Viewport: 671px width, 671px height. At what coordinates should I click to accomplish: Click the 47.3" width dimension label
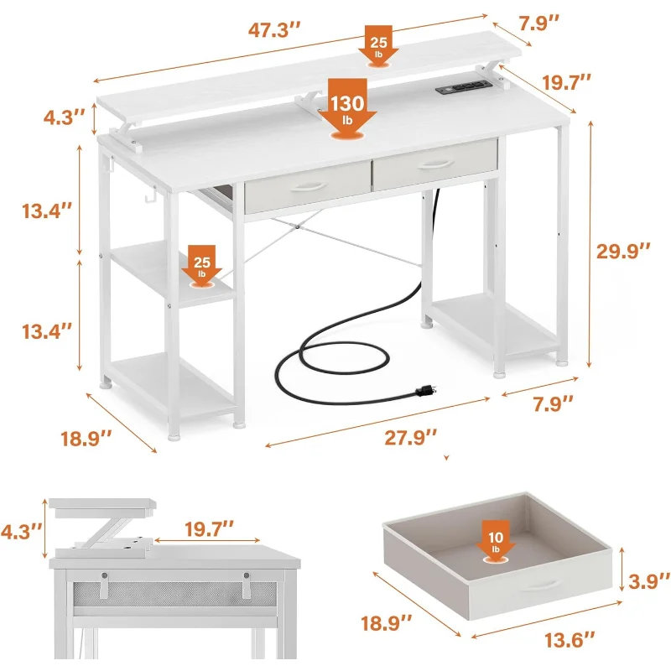pos(274,30)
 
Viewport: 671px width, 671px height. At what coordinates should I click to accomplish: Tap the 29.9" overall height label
pos(623,251)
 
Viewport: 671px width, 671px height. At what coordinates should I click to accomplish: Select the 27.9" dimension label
pos(410,438)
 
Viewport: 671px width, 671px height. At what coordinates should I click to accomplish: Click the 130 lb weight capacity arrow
pos(347,110)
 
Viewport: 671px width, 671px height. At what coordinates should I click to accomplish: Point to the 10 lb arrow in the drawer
pos(496,542)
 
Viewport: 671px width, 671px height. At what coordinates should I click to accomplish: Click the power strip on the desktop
pos(463,87)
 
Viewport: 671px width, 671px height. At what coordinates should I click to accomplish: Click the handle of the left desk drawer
pos(308,186)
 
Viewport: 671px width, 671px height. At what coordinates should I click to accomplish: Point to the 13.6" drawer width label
pos(570,640)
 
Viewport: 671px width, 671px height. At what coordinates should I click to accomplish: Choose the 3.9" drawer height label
pos(648,581)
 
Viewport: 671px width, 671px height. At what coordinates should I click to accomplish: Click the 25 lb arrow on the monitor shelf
pos(378,46)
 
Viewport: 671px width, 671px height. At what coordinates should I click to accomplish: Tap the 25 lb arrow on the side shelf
pos(201,266)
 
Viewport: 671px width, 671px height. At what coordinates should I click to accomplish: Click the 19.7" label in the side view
pos(210,529)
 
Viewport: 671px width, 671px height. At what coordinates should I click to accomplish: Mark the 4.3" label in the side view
pos(22,532)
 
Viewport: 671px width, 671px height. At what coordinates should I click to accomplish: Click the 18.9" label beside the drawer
pos(387,623)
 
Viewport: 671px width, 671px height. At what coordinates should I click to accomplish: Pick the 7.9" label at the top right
pos(539,23)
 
